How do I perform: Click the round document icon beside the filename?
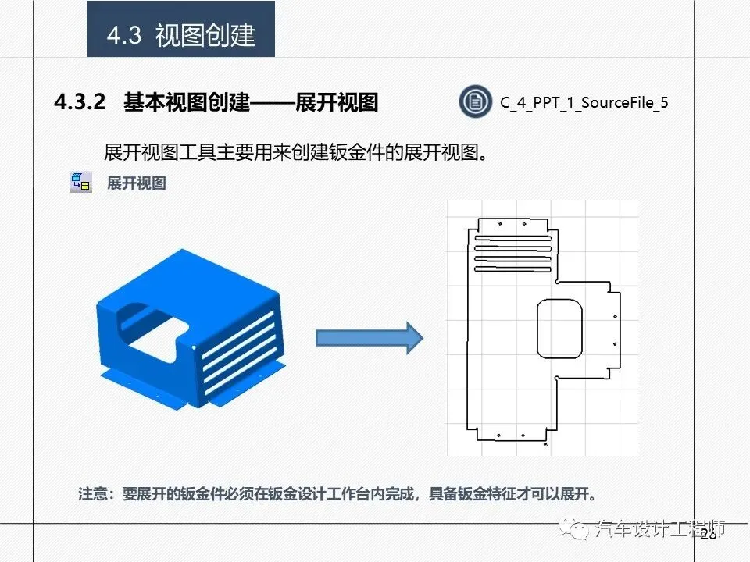[x=475, y=102]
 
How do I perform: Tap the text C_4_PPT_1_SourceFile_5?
[x=584, y=103]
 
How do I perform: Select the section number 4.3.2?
[x=80, y=102]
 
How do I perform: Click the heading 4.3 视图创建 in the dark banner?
[x=181, y=35]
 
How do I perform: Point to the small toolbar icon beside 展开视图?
[x=80, y=183]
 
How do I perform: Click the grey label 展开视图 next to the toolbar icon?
[x=137, y=183]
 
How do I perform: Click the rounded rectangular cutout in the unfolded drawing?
[x=560, y=329]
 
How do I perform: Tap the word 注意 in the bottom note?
[x=96, y=494]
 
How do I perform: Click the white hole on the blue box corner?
[x=193, y=346]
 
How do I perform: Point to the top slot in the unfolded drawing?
[x=513, y=238]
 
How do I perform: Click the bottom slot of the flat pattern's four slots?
[x=513, y=269]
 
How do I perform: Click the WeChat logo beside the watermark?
[x=580, y=530]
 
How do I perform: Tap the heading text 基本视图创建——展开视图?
[x=251, y=102]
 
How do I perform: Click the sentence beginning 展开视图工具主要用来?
[x=296, y=151]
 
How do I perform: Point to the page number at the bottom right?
[x=709, y=535]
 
